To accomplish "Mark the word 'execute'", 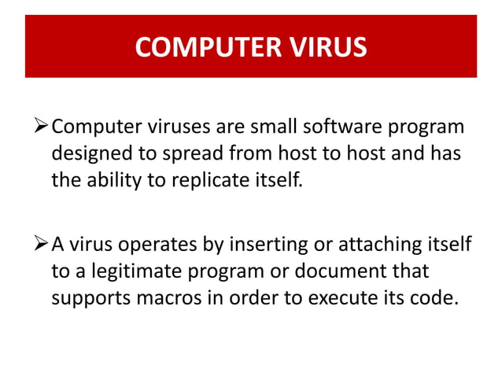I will (x=338, y=299).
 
